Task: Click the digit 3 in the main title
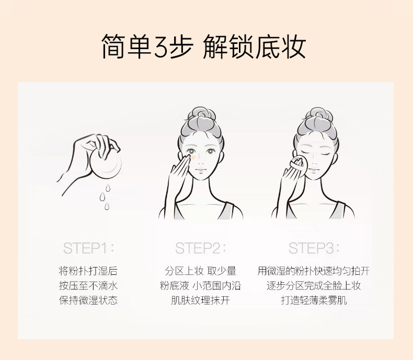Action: click(x=161, y=47)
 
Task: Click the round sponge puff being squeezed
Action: click(x=106, y=164)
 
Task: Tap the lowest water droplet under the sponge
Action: click(x=107, y=206)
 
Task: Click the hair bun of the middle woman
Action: click(x=202, y=114)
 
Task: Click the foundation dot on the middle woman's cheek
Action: click(x=192, y=157)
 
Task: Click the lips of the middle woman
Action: click(x=201, y=170)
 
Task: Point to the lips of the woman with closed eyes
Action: click(x=315, y=169)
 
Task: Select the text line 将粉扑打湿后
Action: click(x=88, y=271)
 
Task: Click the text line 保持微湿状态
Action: click(x=88, y=300)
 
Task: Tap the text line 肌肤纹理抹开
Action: click(x=200, y=300)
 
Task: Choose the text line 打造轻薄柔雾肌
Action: click(x=314, y=300)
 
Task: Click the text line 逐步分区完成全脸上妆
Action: click(x=314, y=285)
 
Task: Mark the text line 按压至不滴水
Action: click(x=88, y=285)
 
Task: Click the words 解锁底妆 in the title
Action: click(x=254, y=47)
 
